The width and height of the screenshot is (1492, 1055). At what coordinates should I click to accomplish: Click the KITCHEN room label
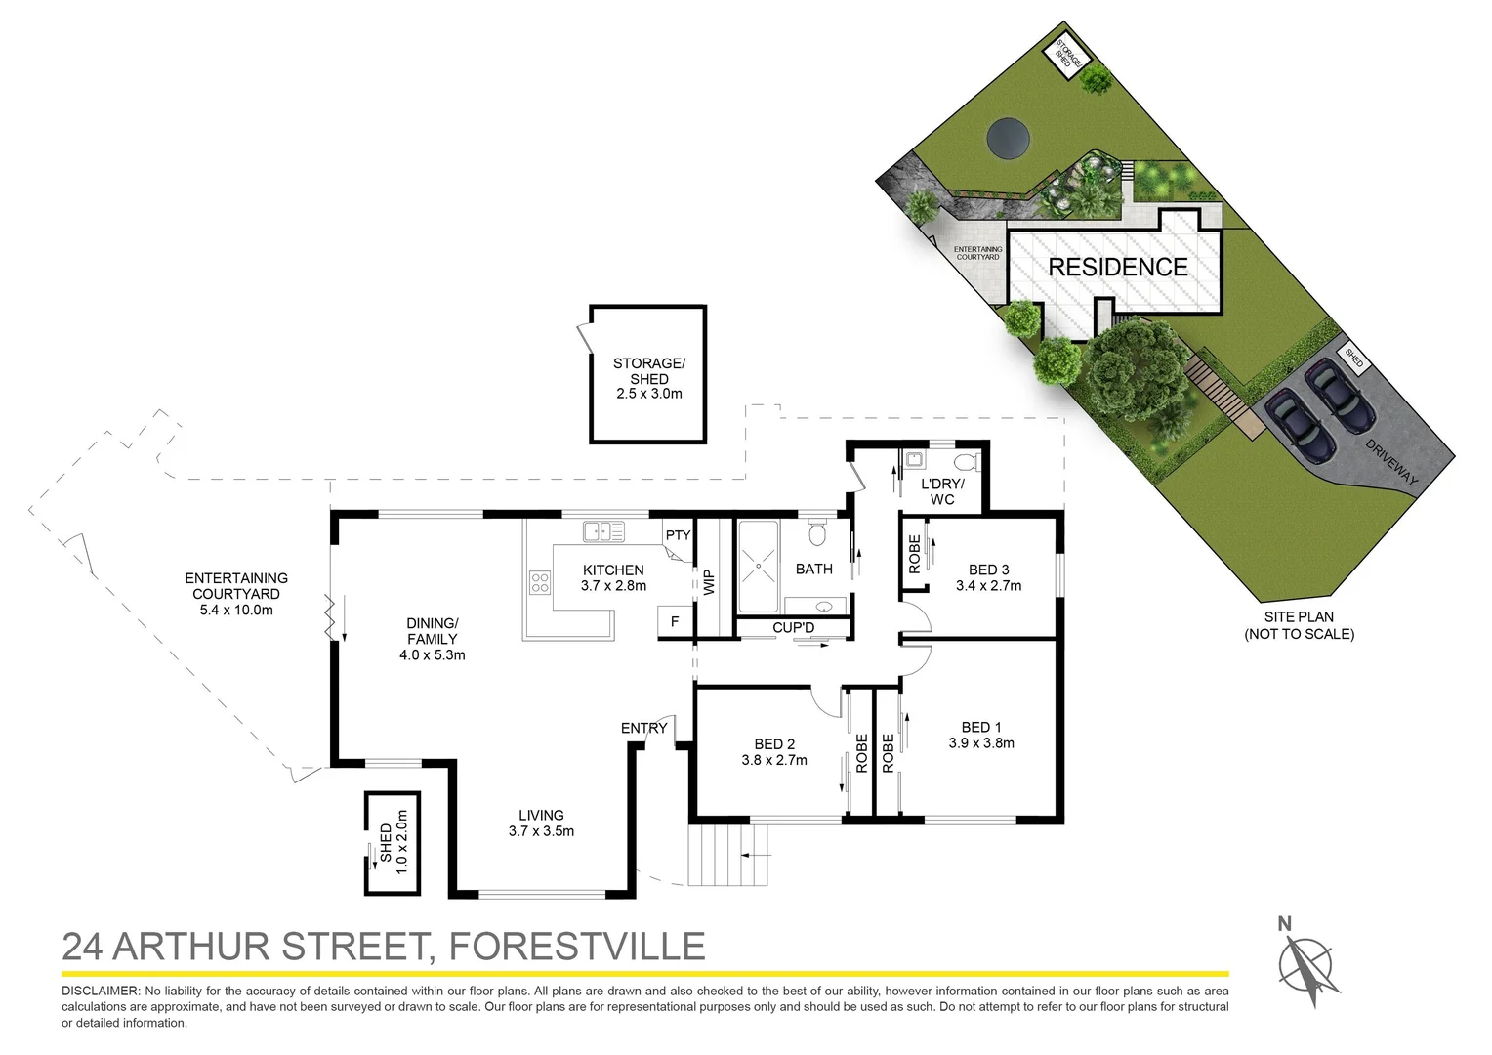point(613,570)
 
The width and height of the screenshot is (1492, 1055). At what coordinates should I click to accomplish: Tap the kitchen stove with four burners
point(540,583)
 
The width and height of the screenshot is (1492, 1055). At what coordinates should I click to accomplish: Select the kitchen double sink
point(603,531)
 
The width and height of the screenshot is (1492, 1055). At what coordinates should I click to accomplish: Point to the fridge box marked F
point(674,621)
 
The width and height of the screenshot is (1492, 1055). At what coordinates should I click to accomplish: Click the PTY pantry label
point(678,535)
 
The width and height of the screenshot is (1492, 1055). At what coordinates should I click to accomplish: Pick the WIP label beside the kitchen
point(709,582)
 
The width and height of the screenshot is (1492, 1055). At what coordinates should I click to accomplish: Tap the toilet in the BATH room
point(817,532)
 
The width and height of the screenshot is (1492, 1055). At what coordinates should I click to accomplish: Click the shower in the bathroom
point(758,567)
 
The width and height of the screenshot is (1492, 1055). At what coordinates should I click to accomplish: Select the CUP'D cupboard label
point(793,627)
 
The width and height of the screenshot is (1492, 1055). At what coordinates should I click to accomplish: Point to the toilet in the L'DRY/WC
point(964,462)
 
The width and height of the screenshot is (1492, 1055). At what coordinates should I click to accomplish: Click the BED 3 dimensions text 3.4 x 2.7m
point(988,586)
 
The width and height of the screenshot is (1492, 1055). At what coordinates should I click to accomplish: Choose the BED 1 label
point(981,727)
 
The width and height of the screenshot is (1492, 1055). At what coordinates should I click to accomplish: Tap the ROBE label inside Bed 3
point(915,554)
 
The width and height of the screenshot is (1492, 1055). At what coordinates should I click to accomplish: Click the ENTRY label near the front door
point(644,728)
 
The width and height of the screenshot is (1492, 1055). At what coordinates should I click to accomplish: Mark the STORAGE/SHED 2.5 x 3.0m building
point(648,376)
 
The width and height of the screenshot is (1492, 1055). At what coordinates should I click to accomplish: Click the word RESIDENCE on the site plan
point(1118,268)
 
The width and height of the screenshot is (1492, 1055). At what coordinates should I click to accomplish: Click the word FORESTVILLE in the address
point(576,947)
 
